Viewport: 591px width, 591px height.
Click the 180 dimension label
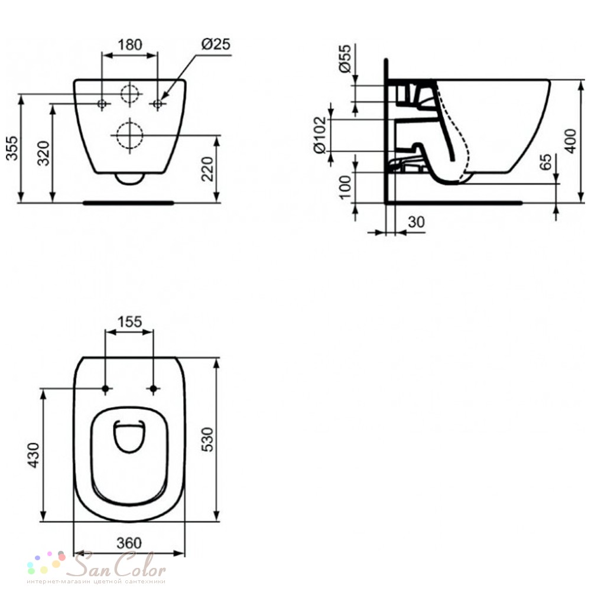(x=130, y=44)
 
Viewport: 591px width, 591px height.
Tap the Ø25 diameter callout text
(x=216, y=44)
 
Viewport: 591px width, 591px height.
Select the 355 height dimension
(x=12, y=148)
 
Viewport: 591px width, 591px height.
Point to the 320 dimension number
(x=44, y=154)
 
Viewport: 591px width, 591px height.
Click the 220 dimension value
(x=207, y=169)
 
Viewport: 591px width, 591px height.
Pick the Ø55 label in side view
(x=345, y=59)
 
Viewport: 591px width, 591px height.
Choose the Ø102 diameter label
(x=320, y=135)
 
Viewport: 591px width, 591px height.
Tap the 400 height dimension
(x=571, y=141)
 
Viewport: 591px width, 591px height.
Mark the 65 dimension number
(x=545, y=162)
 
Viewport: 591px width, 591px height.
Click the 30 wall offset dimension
(x=416, y=222)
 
